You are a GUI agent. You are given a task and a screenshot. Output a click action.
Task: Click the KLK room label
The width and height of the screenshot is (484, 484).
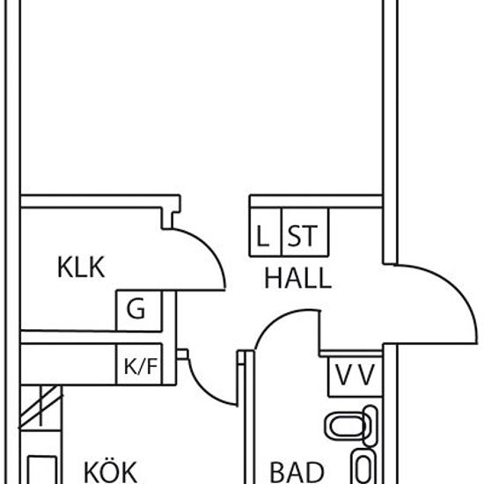pos(81,268)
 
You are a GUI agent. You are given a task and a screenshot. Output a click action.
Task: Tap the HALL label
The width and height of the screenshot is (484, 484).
pos(297,278)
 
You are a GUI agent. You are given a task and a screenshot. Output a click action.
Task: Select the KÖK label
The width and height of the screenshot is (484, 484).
pos(110,472)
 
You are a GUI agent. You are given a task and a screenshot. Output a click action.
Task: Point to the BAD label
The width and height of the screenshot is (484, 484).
pos(297,473)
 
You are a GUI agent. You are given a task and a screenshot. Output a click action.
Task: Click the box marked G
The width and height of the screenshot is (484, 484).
pos(138,311)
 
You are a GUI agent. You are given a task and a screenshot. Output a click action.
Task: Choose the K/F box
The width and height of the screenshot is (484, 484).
pos(138,364)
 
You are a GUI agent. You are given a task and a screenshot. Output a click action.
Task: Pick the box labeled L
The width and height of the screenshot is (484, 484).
pos(266,232)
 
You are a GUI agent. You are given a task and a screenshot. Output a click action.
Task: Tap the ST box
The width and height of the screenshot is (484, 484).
pos(305,232)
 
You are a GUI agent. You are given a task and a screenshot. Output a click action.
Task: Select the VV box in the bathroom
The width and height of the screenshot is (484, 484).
pos(356,377)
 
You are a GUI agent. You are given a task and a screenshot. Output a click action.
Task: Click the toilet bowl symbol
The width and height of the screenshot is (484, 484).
pos(351,426)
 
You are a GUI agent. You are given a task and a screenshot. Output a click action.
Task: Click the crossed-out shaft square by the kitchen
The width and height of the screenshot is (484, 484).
pos(40,407)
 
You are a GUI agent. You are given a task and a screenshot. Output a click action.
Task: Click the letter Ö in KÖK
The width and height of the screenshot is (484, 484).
pos(110,472)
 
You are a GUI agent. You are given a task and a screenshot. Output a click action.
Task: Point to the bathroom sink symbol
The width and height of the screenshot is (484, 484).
pos(364,466)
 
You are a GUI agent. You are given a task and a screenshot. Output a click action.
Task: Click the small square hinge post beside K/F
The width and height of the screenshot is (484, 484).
pos(182,354)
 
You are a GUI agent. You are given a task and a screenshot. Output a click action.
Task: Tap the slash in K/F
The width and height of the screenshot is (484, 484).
pos(140,366)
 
